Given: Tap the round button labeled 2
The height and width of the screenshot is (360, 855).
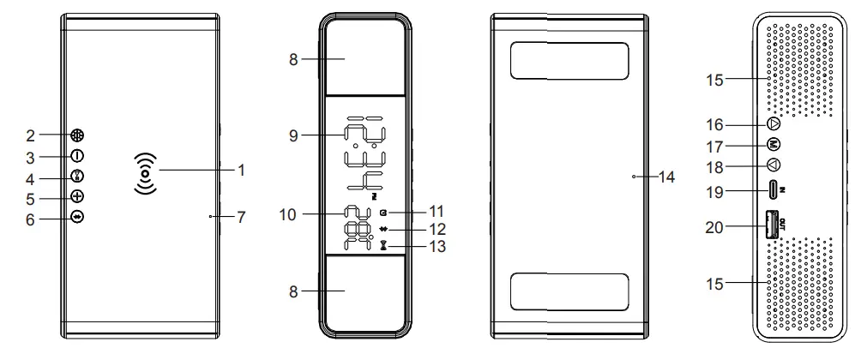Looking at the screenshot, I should coord(77,135).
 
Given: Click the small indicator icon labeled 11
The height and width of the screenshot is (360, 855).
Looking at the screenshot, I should coord(382,211).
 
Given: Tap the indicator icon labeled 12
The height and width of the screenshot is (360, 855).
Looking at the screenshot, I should coord(382,229).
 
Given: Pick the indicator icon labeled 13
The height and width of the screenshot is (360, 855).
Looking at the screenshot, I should coord(382,246).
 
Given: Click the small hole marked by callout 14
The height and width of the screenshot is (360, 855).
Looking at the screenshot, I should coord(633,177).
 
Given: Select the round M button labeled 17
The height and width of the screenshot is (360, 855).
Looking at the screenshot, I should coord(774,145).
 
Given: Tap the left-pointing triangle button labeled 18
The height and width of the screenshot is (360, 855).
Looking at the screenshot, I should coord(774,166).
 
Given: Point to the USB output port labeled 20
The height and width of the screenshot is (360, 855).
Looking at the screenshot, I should coord(771,225).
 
